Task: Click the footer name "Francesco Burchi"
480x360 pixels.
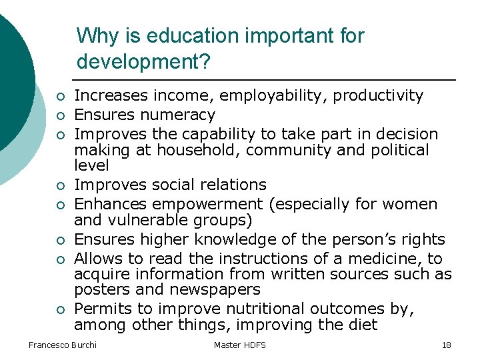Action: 62,345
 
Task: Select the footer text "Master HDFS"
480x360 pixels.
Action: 239,345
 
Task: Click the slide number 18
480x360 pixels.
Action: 446,345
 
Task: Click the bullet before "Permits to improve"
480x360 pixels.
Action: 59,310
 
